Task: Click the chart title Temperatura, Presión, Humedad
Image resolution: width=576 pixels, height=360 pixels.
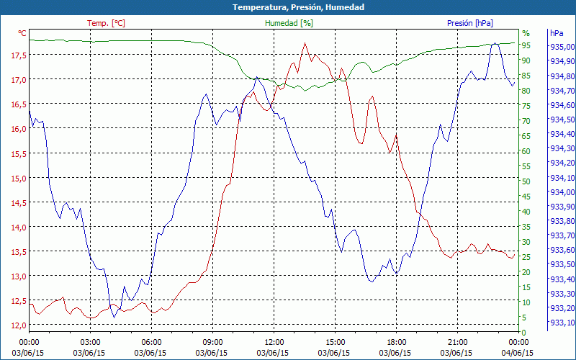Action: [x=287, y=7]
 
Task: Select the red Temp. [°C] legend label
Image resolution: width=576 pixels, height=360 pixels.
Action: [x=106, y=23]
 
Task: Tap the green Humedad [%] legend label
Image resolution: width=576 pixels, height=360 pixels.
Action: [x=289, y=23]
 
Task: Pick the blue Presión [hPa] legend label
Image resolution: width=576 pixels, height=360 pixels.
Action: [x=470, y=23]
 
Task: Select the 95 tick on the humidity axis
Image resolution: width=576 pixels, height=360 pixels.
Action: [x=526, y=45]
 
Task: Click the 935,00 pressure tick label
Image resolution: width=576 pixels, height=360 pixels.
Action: [x=562, y=47]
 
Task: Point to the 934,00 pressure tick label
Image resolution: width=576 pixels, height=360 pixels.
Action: [x=562, y=192]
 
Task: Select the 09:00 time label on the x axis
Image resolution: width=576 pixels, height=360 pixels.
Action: [x=212, y=342]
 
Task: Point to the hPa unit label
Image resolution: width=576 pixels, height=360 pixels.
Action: [x=557, y=33]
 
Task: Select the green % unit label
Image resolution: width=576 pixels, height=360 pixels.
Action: [x=526, y=33]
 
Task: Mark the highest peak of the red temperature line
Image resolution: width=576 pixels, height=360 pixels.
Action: [x=305, y=43]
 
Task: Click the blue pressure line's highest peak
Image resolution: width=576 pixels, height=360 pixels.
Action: [x=495, y=43]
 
